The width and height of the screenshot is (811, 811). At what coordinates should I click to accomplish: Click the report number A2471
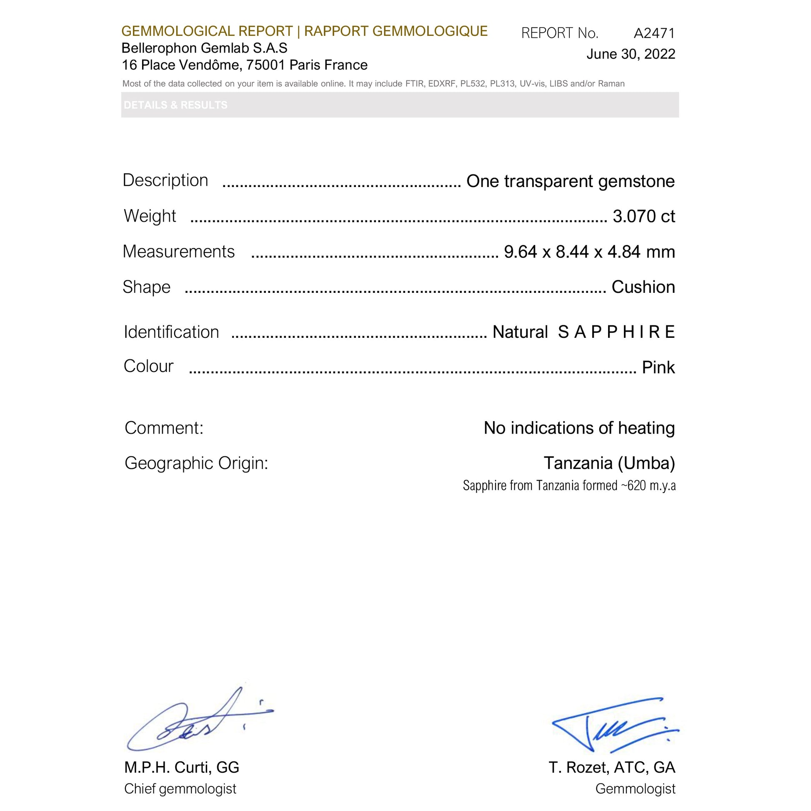(x=654, y=33)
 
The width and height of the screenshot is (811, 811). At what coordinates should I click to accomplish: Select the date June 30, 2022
(x=631, y=54)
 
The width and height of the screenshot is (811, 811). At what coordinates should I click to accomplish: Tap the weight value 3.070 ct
(x=643, y=216)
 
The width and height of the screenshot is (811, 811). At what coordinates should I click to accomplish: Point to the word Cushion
(x=643, y=287)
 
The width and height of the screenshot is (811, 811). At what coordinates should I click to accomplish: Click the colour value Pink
(x=658, y=368)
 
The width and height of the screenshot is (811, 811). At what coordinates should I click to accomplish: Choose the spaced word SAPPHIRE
(x=616, y=332)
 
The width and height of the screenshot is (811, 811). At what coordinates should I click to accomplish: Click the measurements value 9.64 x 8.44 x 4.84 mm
(x=589, y=252)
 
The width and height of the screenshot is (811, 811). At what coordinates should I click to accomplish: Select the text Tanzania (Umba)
(x=609, y=463)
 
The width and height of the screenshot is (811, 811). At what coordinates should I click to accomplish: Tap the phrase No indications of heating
(x=579, y=428)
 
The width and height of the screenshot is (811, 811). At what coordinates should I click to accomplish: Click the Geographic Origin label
(x=196, y=464)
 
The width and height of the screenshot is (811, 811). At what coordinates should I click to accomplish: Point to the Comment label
(x=164, y=428)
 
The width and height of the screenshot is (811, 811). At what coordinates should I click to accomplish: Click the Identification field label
(x=171, y=332)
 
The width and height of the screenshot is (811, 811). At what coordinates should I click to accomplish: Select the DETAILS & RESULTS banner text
(x=175, y=105)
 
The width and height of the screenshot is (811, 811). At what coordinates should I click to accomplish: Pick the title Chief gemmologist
(x=180, y=789)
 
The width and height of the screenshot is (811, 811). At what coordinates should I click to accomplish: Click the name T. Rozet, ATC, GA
(x=612, y=767)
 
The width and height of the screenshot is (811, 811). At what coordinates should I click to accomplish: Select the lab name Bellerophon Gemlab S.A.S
(x=205, y=48)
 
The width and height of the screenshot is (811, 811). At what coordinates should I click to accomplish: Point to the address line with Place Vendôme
(x=245, y=65)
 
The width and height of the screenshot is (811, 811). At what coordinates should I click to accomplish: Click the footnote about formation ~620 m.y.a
(x=569, y=486)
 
